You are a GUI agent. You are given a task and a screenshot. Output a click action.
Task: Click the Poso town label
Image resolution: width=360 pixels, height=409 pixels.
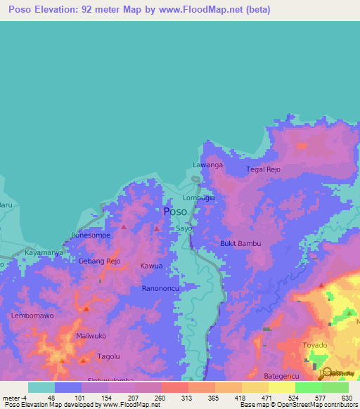175,212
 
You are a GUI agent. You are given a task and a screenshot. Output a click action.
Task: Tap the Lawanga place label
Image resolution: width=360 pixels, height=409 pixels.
207,165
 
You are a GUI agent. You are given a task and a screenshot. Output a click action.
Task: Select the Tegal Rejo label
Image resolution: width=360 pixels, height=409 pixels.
263,170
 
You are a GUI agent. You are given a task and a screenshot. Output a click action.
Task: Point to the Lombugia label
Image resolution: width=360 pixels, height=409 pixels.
200,198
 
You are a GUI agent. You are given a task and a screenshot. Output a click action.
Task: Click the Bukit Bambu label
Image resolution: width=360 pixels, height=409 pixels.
240,244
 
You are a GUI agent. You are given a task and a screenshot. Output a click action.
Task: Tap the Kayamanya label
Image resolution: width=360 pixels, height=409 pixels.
44,252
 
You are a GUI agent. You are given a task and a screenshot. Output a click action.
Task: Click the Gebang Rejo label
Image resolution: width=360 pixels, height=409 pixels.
99,261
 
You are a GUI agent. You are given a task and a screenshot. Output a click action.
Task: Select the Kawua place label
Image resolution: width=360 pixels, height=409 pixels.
151,266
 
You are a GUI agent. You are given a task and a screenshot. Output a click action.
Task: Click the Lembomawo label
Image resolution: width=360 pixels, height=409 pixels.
32,316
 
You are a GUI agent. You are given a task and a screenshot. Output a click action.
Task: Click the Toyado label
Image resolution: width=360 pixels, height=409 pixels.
314,346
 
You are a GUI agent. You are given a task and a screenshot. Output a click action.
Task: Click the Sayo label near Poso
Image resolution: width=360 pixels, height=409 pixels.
184,229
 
